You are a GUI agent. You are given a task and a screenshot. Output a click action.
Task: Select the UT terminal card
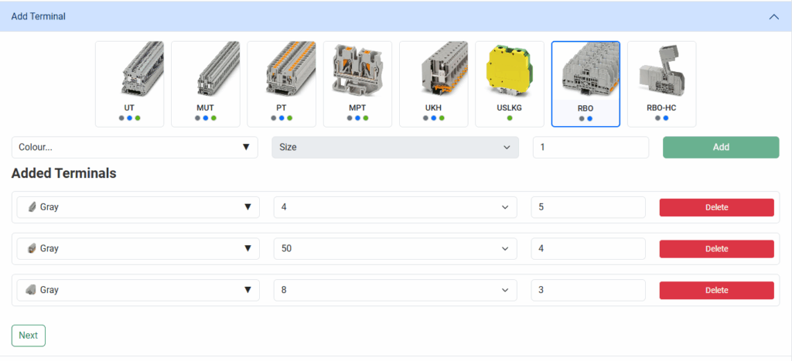[x=129, y=83]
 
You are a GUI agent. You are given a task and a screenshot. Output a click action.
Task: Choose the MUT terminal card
[x=205, y=83]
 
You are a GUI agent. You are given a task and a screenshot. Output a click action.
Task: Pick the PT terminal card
[x=282, y=83]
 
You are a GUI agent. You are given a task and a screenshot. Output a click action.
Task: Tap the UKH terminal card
[x=433, y=83]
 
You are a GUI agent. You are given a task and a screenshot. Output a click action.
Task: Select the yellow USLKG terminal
[x=509, y=70]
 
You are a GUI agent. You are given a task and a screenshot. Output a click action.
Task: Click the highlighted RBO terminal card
[x=585, y=83]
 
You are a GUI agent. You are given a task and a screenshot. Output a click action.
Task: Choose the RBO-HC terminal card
[x=662, y=83]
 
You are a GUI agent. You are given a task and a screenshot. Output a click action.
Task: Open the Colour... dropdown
[x=135, y=147]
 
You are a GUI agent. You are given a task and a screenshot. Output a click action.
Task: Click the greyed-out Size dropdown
[x=395, y=147]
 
